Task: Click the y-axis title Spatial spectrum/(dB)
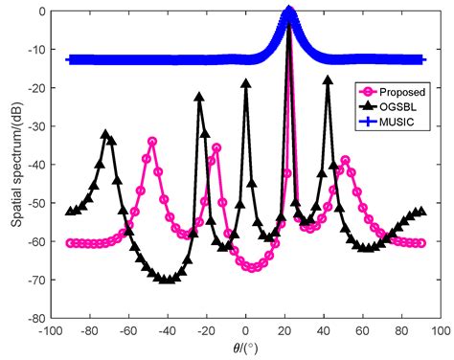[x=11, y=164]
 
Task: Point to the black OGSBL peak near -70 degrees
[x=105, y=135]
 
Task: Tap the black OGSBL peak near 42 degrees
[x=328, y=80]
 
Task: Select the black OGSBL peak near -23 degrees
[x=199, y=97]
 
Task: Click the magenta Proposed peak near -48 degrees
[x=151, y=142]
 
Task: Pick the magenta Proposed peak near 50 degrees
[x=345, y=160]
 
